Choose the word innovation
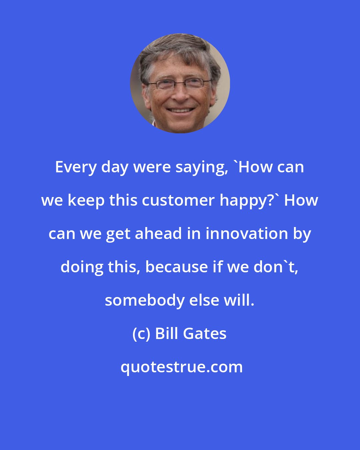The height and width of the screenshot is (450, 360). (247, 233)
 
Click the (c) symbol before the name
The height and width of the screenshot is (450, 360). (141, 334)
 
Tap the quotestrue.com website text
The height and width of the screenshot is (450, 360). (182, 367)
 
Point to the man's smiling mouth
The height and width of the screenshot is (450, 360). (180, 110)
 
